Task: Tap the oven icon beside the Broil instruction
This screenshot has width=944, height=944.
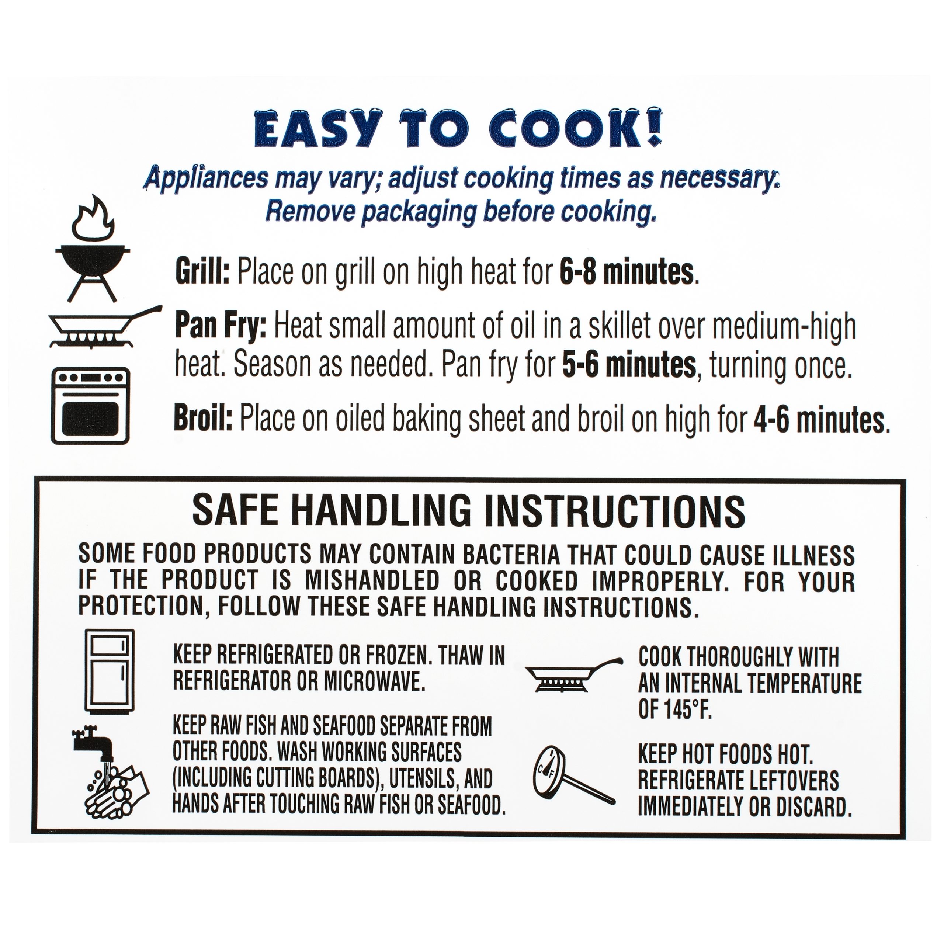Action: (x=90, y=406)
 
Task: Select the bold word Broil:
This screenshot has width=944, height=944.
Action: (x=203, y=419)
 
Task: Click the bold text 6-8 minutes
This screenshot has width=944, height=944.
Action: (x=627, y=272)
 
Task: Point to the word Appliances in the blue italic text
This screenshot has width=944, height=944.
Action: (x=206, y=179)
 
